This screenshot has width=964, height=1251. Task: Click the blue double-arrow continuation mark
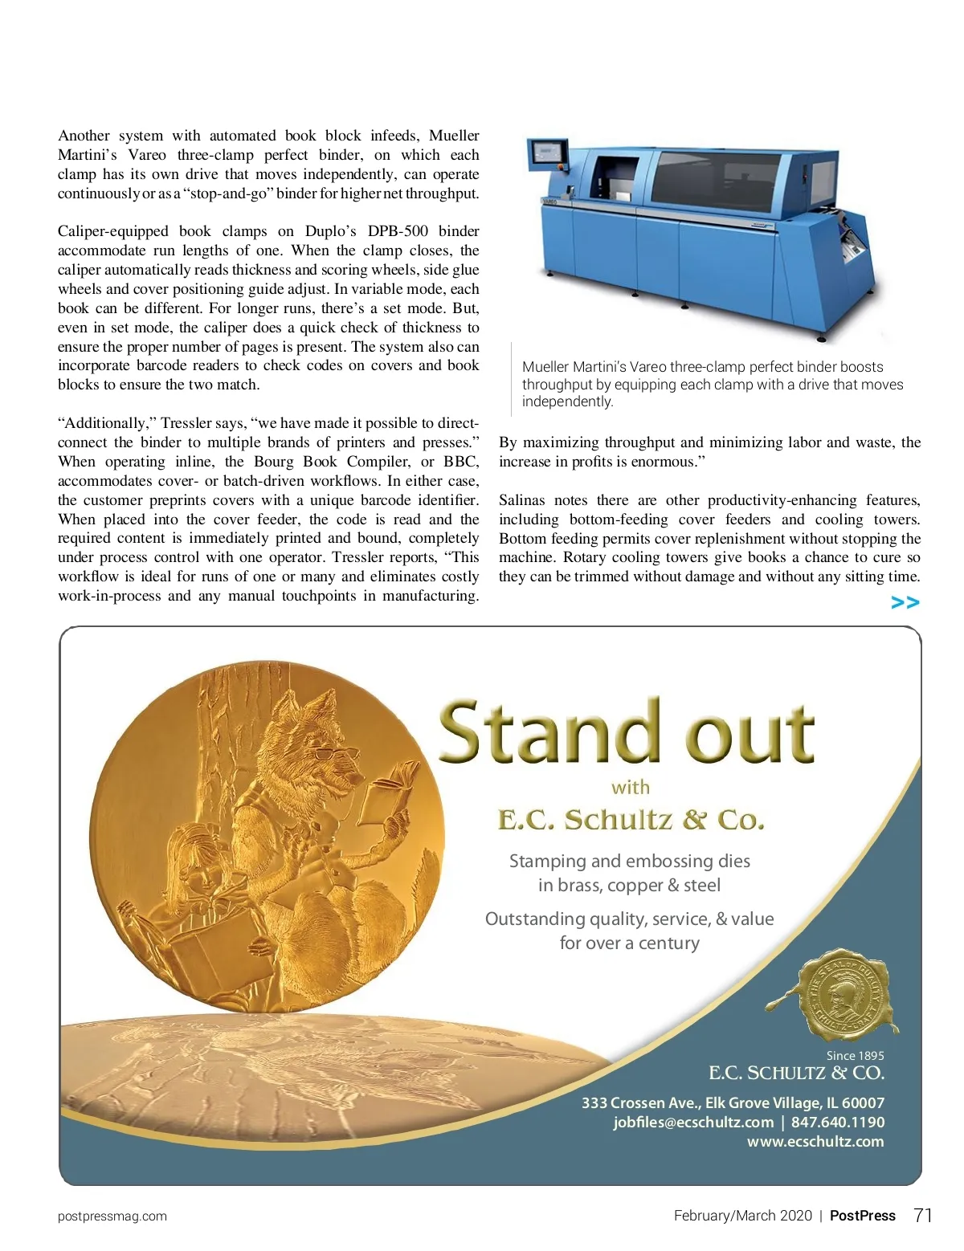(905, 602)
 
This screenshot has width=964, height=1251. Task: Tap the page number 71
(923, 1215)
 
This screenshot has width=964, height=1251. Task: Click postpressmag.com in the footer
(112, 1216)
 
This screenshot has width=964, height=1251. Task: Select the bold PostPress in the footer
(862, 1216)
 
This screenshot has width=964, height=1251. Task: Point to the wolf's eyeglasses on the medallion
(335, 754)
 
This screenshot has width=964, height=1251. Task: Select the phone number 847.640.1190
(837, 1123)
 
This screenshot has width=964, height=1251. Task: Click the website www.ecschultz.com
(815, 1142)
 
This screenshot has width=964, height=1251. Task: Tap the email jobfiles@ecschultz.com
(693, 1123)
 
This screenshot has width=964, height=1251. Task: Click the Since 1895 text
(855, 1056)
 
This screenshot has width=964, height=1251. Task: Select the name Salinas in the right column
(521, 500)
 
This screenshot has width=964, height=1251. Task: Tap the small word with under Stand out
(631, 788)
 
